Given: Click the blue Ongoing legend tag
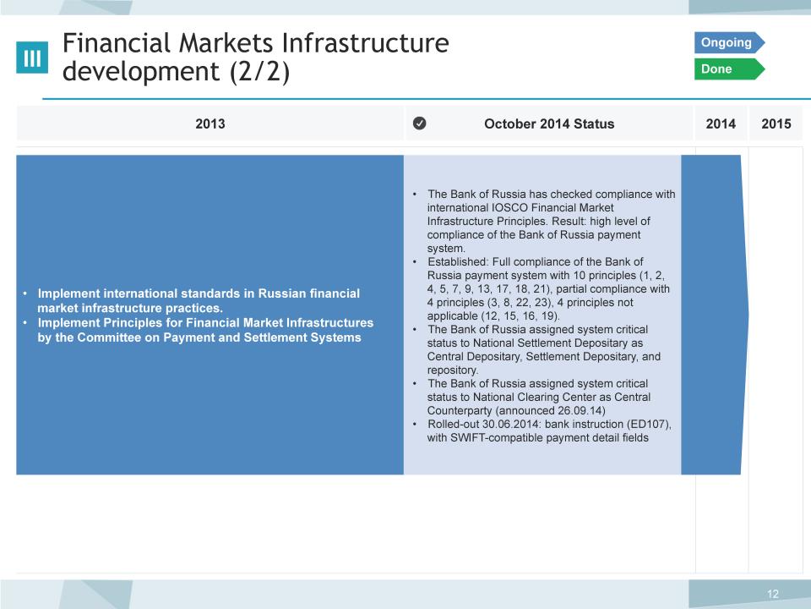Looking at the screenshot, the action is (x=729, y=42).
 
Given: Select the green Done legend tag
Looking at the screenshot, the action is (x=729, y=69).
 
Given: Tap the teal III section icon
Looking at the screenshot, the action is (x=32, y=58).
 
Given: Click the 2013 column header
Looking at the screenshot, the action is (x=210, y=123).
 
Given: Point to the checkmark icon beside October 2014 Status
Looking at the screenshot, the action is (x=420, y=123).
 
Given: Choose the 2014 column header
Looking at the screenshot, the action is (x=721, y=123).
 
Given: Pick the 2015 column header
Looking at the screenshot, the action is (x=776, y=123).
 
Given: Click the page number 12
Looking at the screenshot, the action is (x=773, y=594).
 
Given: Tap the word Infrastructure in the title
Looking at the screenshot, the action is (x=366, y=43).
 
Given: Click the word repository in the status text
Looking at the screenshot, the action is (x=452, y=370).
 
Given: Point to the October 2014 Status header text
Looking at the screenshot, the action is (x=549, y=123).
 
